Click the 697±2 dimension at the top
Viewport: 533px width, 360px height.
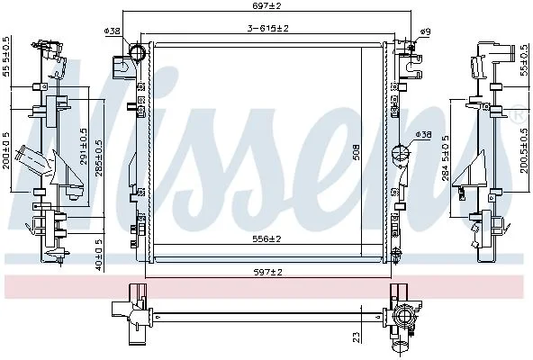(267, 5)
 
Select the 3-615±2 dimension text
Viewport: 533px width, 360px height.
(268, 28)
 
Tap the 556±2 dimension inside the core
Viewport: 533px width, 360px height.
(266, 239)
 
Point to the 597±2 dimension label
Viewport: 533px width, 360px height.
(267, 272)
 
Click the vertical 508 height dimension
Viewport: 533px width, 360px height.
(357, 153)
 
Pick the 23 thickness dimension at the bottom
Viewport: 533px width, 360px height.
(357, 337)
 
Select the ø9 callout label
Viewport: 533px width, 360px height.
(425, 32)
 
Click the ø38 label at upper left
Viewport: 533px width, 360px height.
(113, 31)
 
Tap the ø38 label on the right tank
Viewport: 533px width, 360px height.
(423, 135)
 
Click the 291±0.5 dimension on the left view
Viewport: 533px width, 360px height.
(83, 147)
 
